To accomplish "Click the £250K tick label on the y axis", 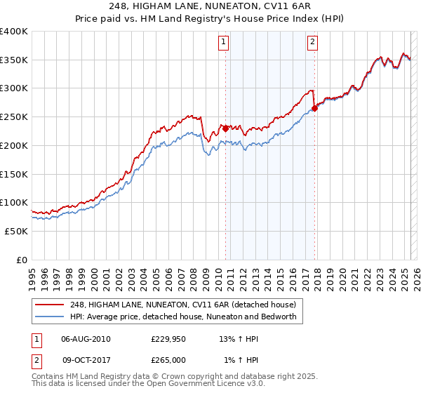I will pyautogui.click(x=13, y=116).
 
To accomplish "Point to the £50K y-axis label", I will pyautogui.click(x=16, y=231).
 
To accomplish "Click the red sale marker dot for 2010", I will pyautogui.click(x=225, y=128).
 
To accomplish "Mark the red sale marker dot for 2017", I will pyautogui.click(x=315, y=108).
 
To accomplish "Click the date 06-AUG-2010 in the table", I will pyautogui.click(x=86, y=339).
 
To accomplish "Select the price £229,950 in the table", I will pyautogui.click(x=168, y=339).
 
